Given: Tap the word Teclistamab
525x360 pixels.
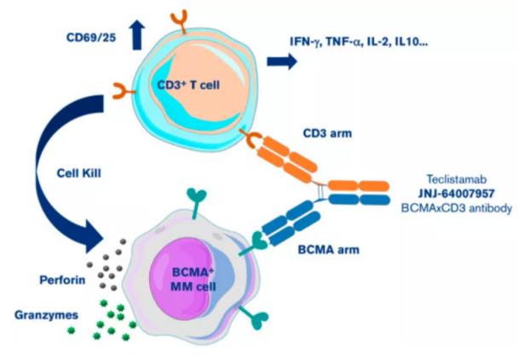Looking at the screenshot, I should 459,180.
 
